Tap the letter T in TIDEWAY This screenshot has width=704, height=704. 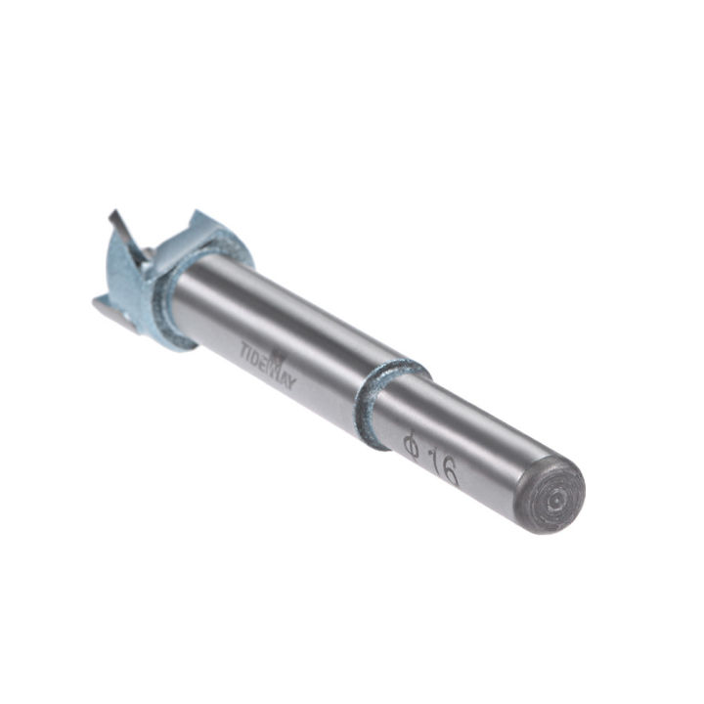click(x=244, y=345)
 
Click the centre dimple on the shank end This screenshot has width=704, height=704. click(x=554, y=499)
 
